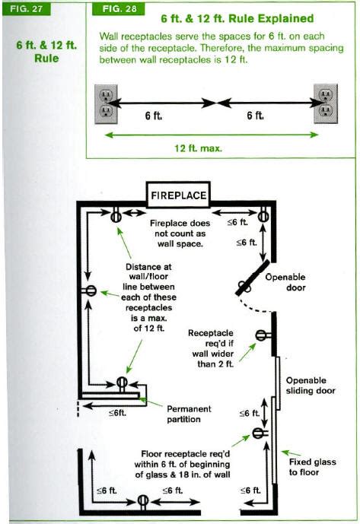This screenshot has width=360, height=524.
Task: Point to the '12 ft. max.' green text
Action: click(x=198, y=149)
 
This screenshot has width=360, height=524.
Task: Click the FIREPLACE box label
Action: click(x=177, y=195)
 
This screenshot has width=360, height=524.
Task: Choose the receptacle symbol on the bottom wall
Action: click(x=142, y=500)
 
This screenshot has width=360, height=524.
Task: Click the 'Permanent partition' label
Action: click(x=190, y=414)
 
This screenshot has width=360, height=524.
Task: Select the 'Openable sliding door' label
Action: click(x=307, y=386)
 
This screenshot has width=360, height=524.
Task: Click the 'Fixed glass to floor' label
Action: click(x=312, y=467)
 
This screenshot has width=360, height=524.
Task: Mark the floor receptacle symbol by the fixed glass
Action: click(x=258, y=433)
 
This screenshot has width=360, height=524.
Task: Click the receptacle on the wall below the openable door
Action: click(x=261, y=335)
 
